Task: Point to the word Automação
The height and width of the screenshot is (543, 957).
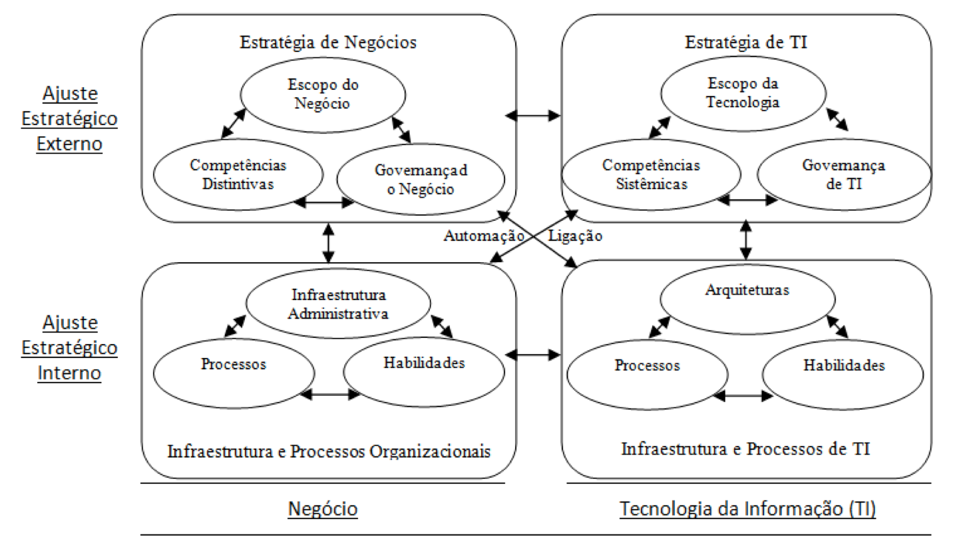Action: (484, 236)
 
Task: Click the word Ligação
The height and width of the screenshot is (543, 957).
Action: (575, 236)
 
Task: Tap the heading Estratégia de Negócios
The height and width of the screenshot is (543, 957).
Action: (328, 43)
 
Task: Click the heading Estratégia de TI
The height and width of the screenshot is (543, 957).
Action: (746, 43)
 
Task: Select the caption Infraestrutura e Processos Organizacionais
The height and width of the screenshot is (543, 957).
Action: (329, 451)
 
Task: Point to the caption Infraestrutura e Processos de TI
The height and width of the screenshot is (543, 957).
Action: (745, 449)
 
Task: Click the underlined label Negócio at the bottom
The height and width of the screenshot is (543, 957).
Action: (323, 508)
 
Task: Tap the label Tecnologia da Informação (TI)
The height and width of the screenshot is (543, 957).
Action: (747, 508)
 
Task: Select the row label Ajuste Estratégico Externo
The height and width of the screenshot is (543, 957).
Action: (69, 118)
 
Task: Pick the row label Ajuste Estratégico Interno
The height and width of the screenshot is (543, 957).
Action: (69, 348)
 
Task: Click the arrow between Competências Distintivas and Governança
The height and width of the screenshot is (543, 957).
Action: (325, 202)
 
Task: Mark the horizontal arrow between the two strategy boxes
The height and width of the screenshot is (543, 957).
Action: (533, 115)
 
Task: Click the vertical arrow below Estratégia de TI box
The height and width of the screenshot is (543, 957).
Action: (746, 240)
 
